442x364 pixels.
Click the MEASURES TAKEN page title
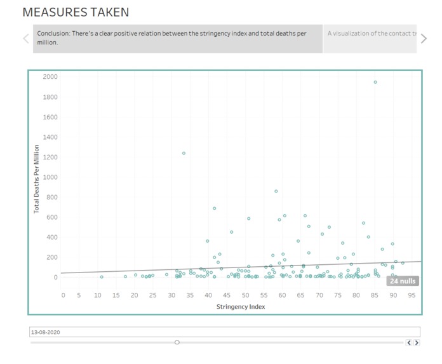[76, 12]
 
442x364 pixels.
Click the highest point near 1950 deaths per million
[375, 82]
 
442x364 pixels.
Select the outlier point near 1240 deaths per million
[184, 153]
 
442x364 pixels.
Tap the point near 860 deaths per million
[276, 191]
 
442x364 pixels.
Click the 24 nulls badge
[402, 281]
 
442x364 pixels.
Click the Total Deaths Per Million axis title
[37, 179]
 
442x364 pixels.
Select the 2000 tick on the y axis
[50, 77]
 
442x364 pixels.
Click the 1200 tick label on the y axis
[50, 157]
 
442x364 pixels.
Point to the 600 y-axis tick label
[52, 217]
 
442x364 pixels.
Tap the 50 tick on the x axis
[246, 295]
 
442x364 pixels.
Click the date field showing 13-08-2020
[225, 332]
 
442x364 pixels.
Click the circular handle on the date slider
[177, 342]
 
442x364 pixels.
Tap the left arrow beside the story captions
[26, 39]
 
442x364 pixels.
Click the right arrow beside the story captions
[424, 39]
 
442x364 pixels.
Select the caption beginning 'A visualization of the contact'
[372, 34]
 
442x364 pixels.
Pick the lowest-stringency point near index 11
[101, 277]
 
